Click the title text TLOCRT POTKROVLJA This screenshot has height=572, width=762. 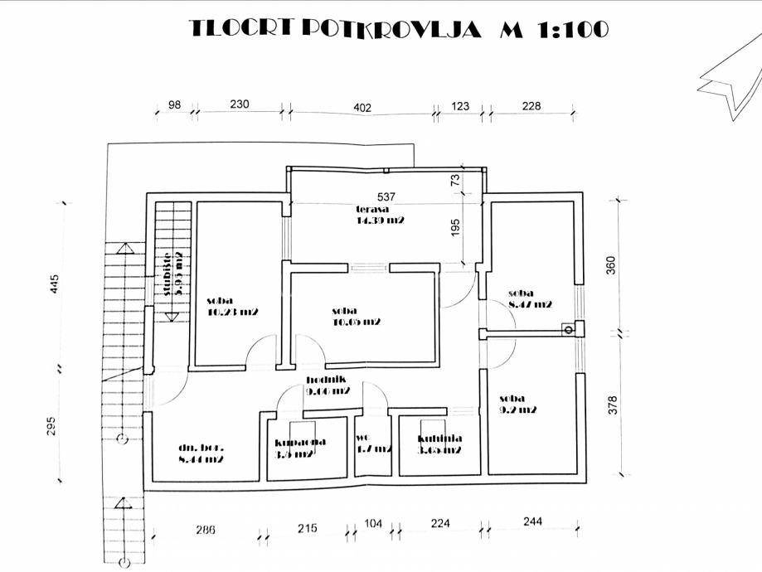336,29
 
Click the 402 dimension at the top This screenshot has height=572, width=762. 362,106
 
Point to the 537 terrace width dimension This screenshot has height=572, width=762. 386,197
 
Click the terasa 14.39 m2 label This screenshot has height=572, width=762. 380,216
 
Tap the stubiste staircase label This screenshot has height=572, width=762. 172,274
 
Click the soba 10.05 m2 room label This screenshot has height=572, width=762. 356,316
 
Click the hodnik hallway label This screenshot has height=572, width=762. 326,386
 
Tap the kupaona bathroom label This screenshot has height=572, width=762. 300,446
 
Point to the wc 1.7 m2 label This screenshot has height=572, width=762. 372,444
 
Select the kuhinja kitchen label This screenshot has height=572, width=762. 440,444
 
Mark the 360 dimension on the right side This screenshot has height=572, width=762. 613,266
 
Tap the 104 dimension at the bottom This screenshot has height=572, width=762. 373,525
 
